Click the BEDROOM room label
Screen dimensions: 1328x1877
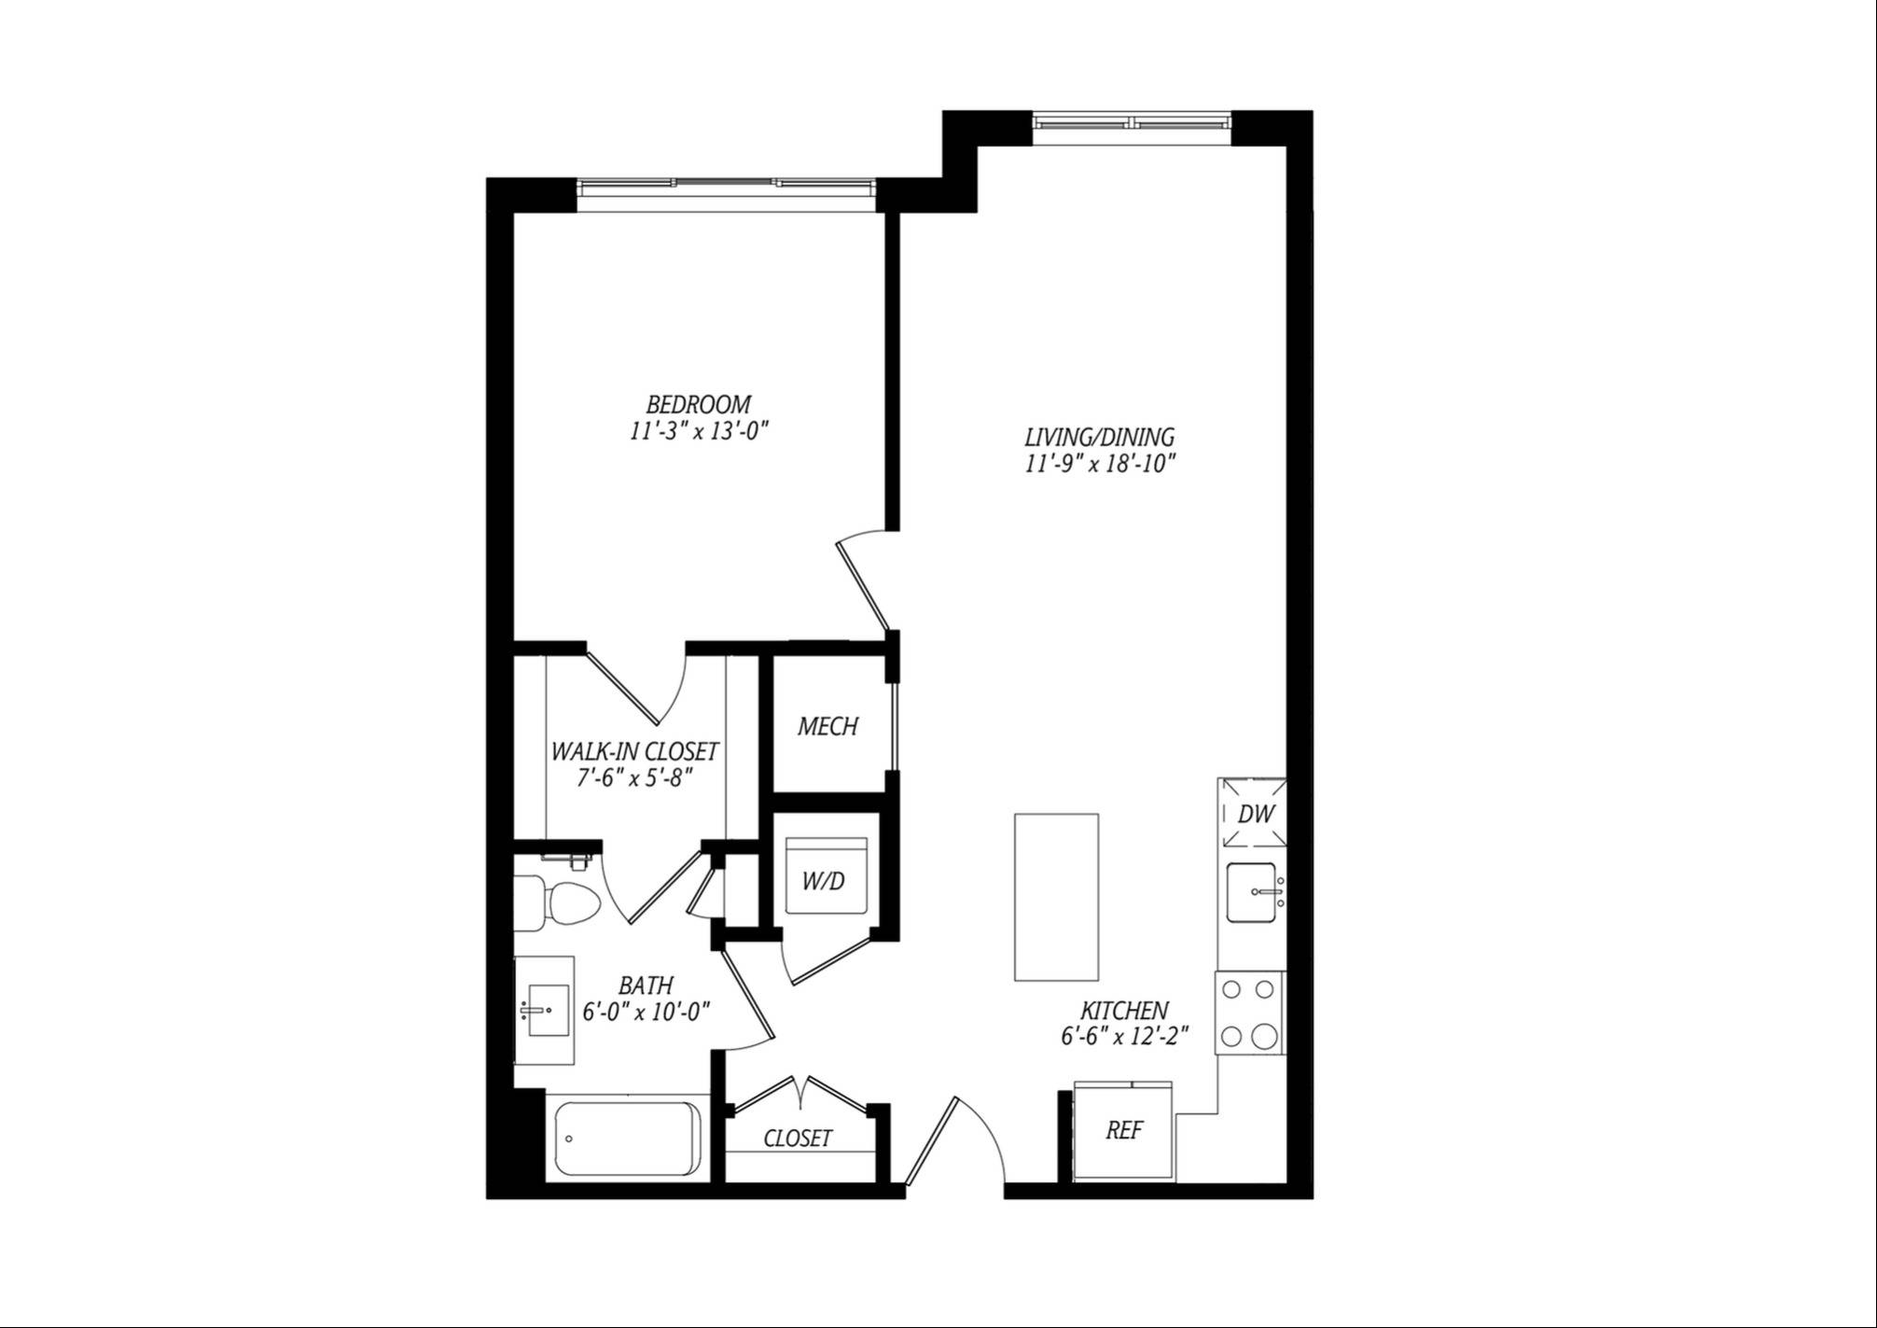698,405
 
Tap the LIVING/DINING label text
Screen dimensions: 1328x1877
1099,437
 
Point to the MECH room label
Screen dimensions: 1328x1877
827,727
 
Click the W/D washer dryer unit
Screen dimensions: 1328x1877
827,876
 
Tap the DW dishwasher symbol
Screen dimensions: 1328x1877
1255,813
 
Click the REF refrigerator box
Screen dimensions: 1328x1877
1124,1131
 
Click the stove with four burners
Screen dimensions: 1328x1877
1250,1013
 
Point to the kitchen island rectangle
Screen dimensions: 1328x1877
1056,896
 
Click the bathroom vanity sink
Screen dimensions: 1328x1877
545,1010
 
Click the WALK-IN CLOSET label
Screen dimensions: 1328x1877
634,751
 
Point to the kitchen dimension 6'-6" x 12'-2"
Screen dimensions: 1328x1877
1124,1037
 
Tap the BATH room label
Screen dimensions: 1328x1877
646,986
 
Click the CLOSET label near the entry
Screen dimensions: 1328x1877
798,1139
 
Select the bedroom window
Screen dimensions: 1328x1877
726,184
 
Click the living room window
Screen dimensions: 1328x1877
1132,123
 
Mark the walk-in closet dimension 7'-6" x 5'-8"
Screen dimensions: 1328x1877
634,777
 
